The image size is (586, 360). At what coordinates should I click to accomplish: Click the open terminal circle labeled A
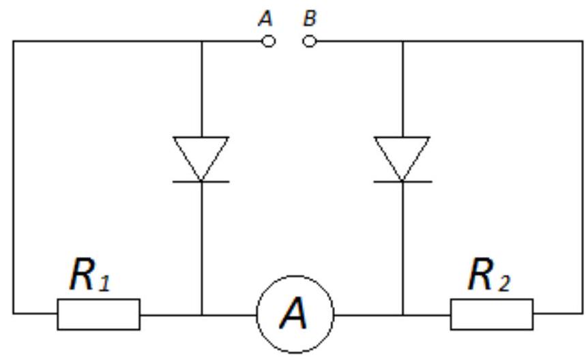(269, 42)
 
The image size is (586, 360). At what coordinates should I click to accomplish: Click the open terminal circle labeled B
(310, 42)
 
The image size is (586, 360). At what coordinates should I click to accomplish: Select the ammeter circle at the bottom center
(295, 314)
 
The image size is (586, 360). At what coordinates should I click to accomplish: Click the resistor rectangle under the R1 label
(99, 314)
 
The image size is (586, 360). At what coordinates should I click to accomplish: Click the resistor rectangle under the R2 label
(492, 314)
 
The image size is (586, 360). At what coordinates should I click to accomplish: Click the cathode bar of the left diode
(201, 181)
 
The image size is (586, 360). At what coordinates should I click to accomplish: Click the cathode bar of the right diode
(402, 181)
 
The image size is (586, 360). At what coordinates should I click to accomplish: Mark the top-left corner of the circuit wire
(13, 42)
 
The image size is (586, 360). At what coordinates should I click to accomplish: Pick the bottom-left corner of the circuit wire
(13, 314)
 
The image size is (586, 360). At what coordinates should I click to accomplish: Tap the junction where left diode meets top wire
(201, 42)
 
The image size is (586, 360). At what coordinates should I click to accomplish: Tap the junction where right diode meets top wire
(402, 42)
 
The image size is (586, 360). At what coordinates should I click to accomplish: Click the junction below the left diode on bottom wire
(201, 314)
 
